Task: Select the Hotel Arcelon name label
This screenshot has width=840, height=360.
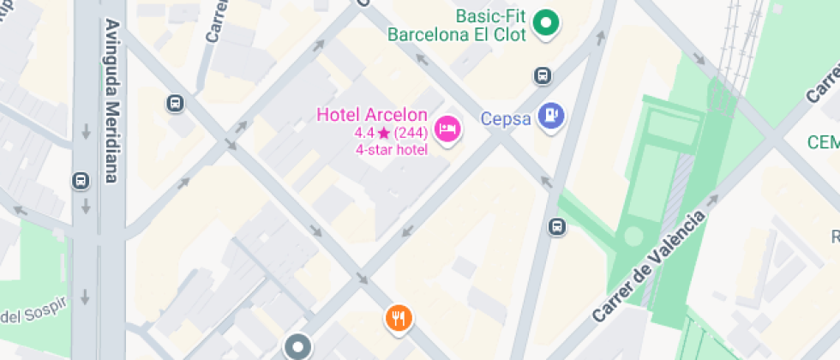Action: pyautogui.click(x=371, y=115)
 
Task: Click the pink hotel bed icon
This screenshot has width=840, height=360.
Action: pyautogui.click(x=447, y=129)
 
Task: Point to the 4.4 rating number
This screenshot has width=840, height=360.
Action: pyautogui.click(x=364, y=133)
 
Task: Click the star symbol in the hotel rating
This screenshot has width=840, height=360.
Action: pyautogui.click(x=383, y=133)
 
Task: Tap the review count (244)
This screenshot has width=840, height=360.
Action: pyautogui.click(x=411, y=133)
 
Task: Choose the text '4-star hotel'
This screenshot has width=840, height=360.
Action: pyautogui.click(x=392, y=150)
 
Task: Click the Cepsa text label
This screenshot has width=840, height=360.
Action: pyautogui.click(x=506, y=119)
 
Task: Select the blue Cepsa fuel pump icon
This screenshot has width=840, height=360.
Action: pyautogui.click(x=551, y=115)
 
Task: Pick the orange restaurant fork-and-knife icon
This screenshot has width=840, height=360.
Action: pyautogui.click(x=398, y=319)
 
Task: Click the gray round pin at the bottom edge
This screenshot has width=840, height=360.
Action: pyautogui.click(x=298, y=347)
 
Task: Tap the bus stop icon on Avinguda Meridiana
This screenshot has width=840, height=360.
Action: pyautogui.click(x=81, y=181)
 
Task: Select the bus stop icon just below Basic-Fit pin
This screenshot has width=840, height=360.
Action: pyautogui.click(x=543, y=76)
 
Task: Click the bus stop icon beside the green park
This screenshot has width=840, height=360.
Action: pyautogui.click(x=557, y=226)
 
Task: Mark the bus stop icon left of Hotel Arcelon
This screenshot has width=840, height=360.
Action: pyautogui.click(x=175, y=104)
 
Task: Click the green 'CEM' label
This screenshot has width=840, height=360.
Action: pyautogui.click(x=824, y=142)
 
